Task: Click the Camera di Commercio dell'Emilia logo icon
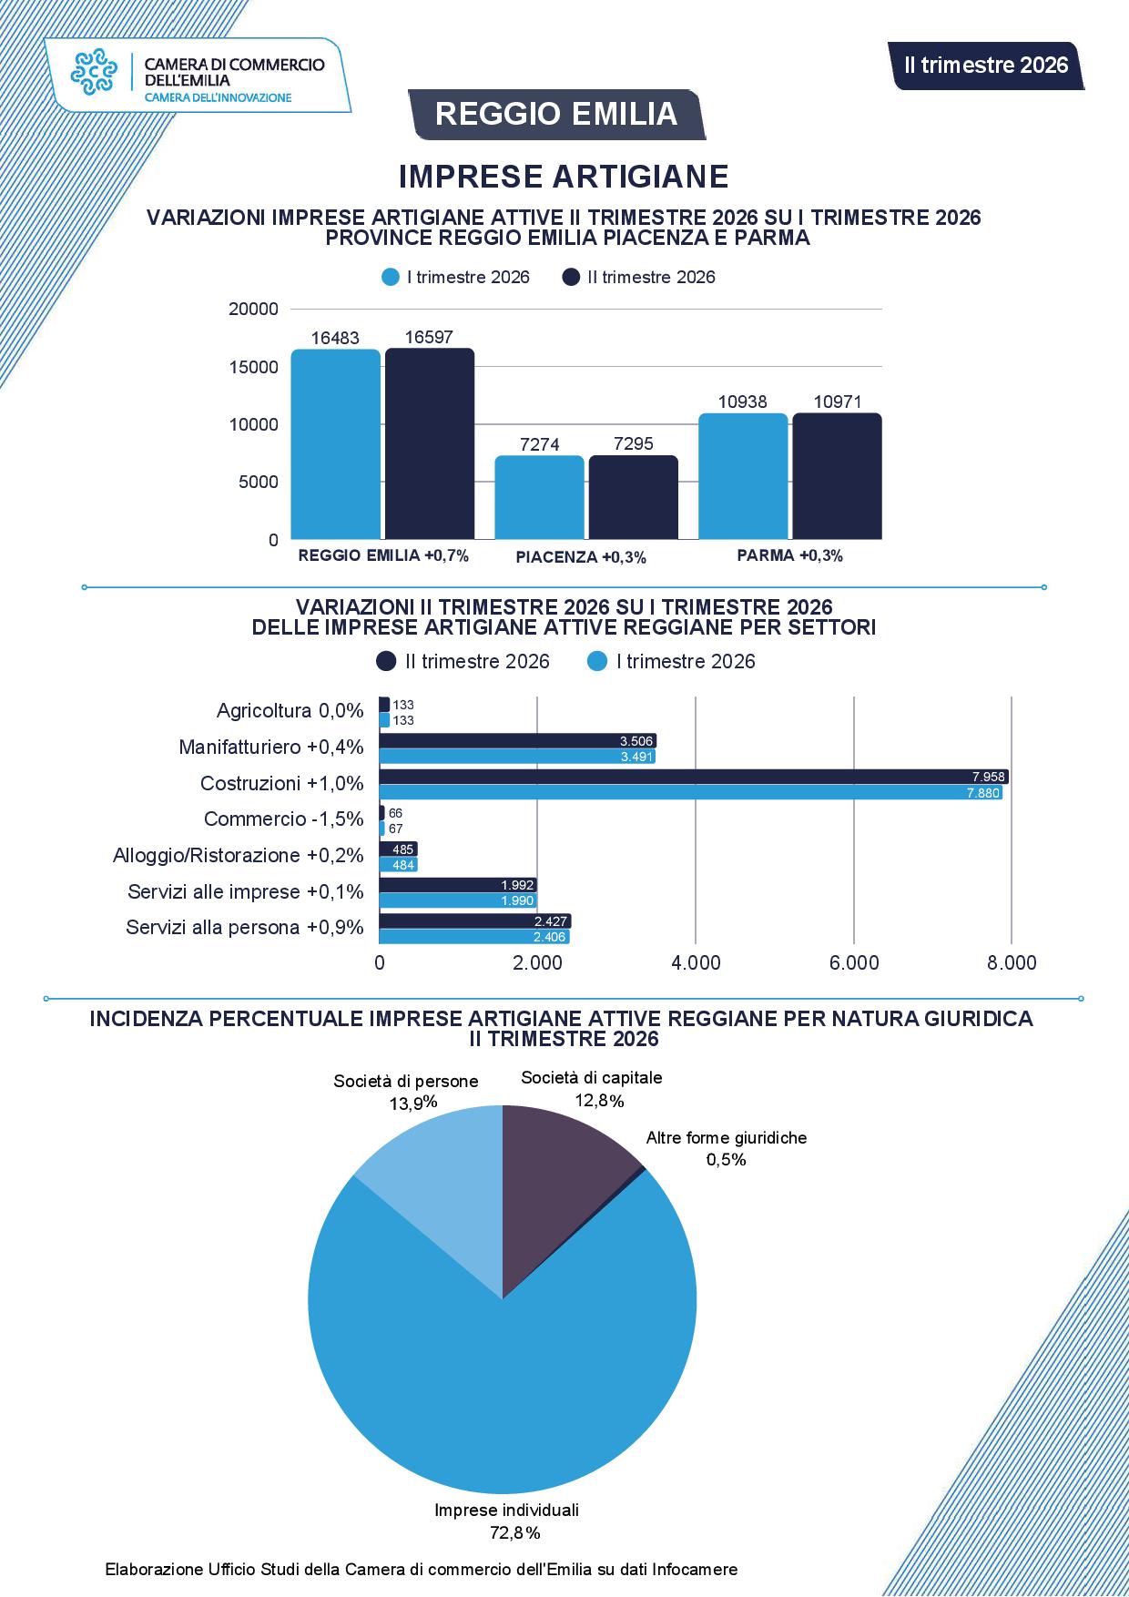click(x=95, y=72)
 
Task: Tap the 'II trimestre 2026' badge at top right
click(x=987, y=66)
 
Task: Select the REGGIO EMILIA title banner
click(x=556, y=114)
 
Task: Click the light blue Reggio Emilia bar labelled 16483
click(x=336, y=444)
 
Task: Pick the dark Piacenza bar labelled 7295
click(x=634, y=497)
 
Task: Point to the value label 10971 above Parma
click(x=838, y=402)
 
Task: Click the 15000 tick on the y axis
click(x=254, y=367)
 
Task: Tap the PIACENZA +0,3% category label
click(x=581, y=557)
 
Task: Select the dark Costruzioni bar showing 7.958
click(x=694, y=777)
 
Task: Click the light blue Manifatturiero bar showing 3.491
click(x=517, y=757)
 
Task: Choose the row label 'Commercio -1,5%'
click(x=283, y=819)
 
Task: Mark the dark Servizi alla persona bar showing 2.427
click(x=474, y=921)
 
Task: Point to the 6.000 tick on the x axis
click(x=854, y=963)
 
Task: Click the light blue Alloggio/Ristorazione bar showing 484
click(x=398, y=865)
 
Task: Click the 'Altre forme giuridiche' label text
click(x=727, y=1138)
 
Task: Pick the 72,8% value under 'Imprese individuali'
click(x=515, y=1533)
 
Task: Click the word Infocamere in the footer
click(x=696, y=1570)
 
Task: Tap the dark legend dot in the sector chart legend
click(x=386, y=662)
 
